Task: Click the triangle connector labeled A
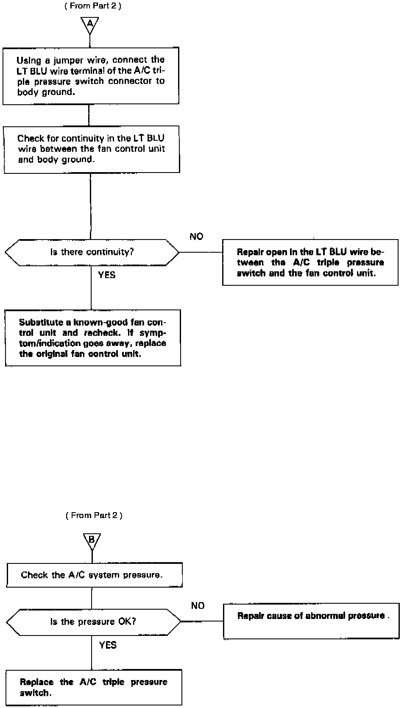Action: [90, 25]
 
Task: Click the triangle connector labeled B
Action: [92, 540]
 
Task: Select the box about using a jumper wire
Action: [91, 76]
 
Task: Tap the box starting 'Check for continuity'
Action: [92, 149]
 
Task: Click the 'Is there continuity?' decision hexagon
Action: [92, 252]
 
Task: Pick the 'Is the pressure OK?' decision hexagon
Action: [93, 622]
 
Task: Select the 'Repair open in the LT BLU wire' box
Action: [310, 262]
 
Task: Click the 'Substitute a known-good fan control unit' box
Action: [93, 338]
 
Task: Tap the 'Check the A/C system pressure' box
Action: [94, 575]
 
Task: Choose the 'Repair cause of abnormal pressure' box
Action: [311, 621]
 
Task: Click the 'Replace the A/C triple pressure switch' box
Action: [94, 687]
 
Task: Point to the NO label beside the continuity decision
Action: [196, 237]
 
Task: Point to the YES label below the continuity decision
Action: [107, 275]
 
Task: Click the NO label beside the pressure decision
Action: [198, 606]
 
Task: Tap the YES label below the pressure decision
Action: [108, 645]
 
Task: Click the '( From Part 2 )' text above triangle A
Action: [93, 6]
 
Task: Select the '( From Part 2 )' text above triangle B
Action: [94, 515]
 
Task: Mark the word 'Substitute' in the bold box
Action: [39, 322]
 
